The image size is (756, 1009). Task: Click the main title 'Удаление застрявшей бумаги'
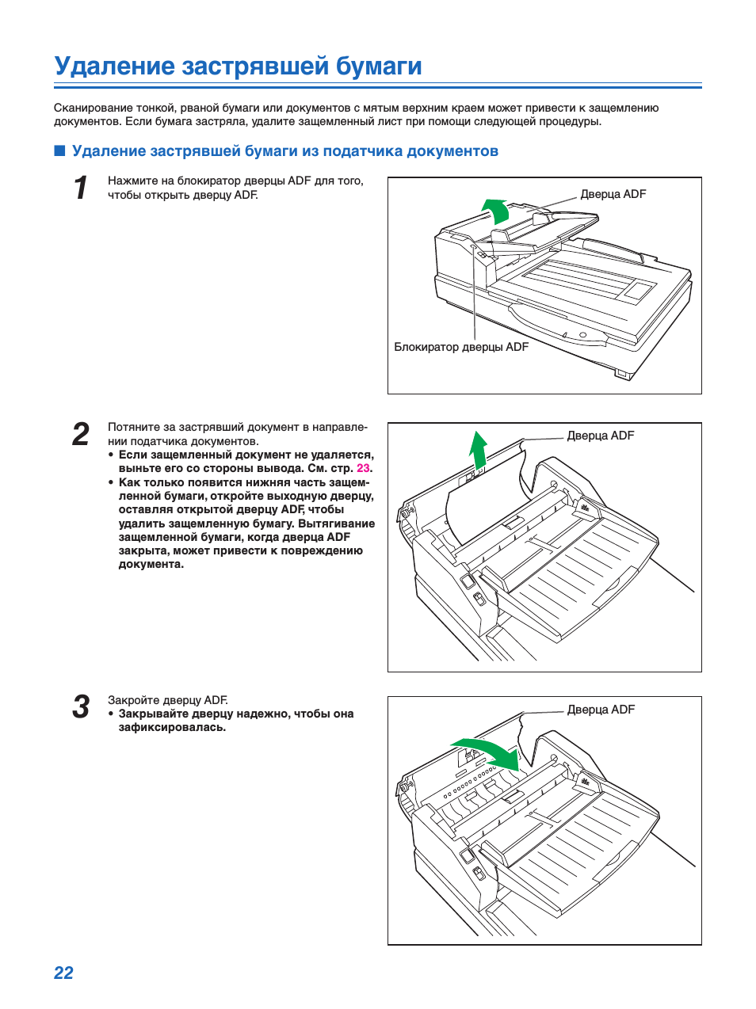click(238, 66)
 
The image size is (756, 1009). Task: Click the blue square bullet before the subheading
click(59, 150)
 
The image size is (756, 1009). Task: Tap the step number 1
click(80, 188)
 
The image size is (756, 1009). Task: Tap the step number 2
click(81, 434)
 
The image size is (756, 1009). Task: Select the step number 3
click(81, 707)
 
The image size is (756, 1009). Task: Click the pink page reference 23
click(363, 468)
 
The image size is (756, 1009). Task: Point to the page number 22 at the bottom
click(63, 973)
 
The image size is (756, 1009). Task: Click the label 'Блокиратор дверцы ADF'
click(461, 347)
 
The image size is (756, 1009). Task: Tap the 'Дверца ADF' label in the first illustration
click(613, 194)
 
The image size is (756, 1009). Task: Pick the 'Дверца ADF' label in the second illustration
click(600, 436)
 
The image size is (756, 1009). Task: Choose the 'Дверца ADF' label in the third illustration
click(601, 710)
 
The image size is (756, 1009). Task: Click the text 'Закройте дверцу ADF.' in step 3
click(168, 700)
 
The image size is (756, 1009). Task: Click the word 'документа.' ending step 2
click(151, 564)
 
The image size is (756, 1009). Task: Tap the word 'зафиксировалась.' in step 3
click(172, 727)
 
